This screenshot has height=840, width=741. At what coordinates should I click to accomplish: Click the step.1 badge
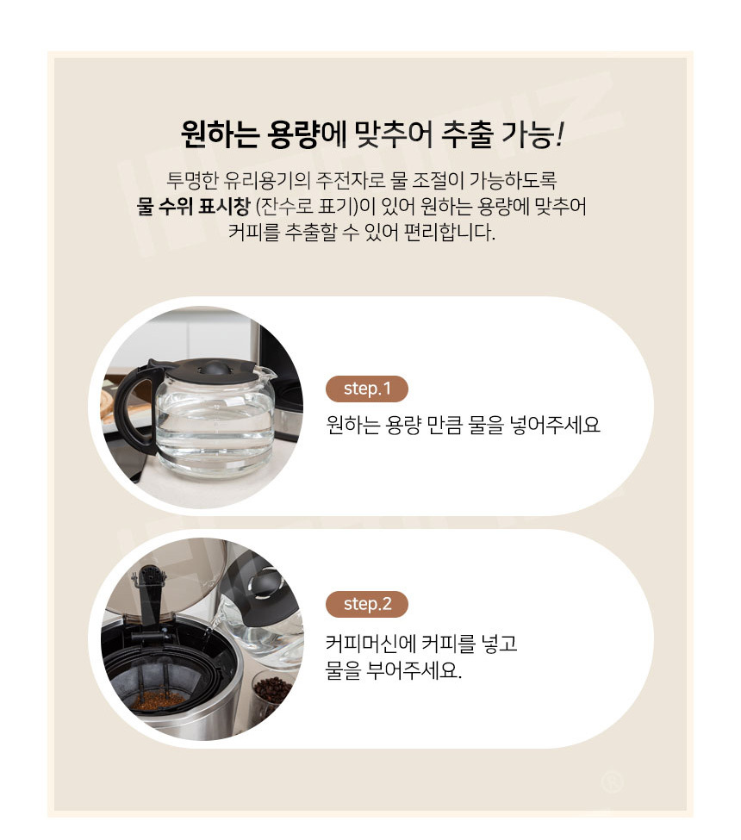click(x=367, y=389)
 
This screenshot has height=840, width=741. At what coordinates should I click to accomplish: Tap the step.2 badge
click(x=367, y=604)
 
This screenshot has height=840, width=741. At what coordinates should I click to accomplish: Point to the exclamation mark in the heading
click(x=560, y=134)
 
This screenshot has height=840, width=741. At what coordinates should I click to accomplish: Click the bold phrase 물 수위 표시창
click(x=193, y=206)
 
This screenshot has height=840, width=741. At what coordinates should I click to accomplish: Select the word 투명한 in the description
click(x=192, y=180)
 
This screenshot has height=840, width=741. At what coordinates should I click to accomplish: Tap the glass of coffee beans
click(x=272, y=694)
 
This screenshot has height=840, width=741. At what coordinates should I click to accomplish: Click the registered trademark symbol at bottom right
click(x=612, y=781)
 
